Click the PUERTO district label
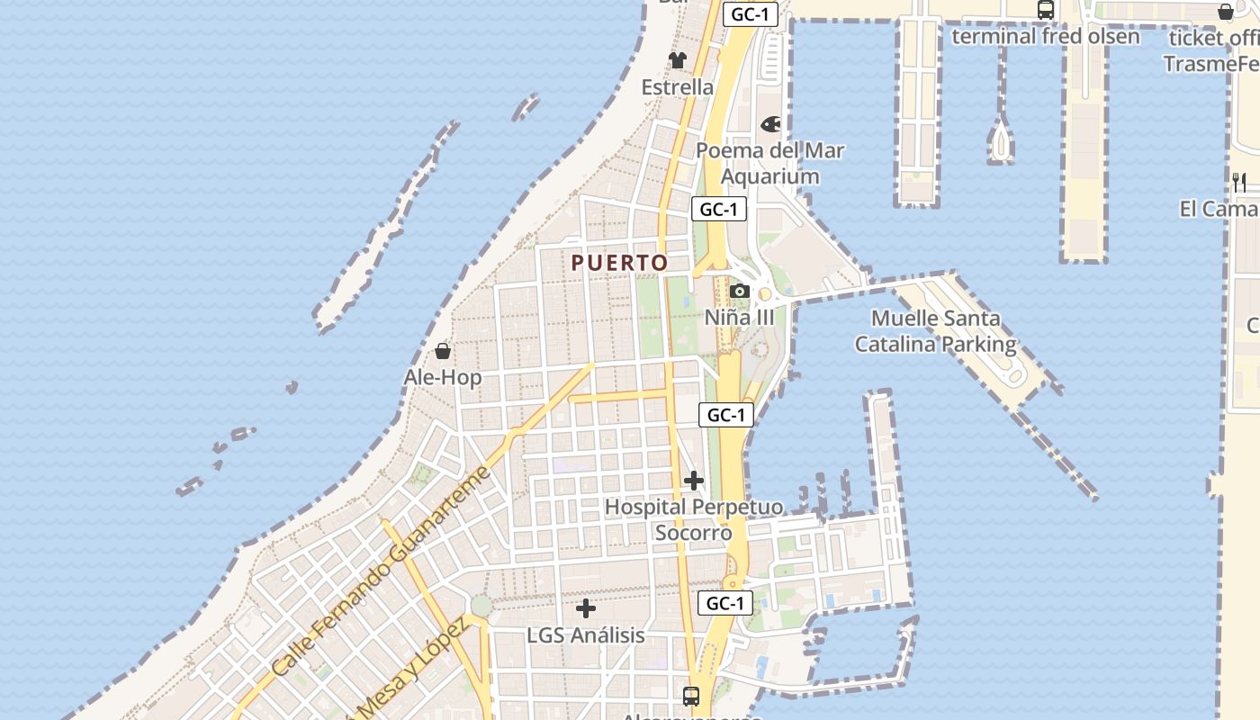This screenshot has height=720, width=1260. coord(620,263)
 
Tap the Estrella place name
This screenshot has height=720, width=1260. coord(677,87)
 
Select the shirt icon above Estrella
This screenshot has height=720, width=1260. coord(677,60)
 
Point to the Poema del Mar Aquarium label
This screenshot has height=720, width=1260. coord(770,163)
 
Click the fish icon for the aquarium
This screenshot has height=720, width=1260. coord(770,124)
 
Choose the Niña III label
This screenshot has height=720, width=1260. coord(739,318)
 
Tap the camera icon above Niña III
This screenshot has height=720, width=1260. coord(740,291)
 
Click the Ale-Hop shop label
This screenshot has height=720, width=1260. coord(443,377)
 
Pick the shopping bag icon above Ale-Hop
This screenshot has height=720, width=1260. coord(443,350)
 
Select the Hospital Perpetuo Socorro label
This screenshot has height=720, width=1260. coord(693,519)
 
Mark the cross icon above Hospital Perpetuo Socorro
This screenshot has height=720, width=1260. coord(693,481)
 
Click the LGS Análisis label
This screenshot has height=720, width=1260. coord(586,635)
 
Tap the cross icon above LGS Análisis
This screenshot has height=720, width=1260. coord(586,608)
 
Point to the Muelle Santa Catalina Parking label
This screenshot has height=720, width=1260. coord(935,330)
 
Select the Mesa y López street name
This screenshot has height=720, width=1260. coord(410,670)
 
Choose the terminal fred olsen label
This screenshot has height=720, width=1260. coord(1046,36)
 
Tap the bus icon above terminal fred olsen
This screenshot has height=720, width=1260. coord(1046,10)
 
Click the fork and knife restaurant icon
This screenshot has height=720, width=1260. coord(1239,182)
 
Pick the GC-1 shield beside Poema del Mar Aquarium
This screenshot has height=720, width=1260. coord(719,210)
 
